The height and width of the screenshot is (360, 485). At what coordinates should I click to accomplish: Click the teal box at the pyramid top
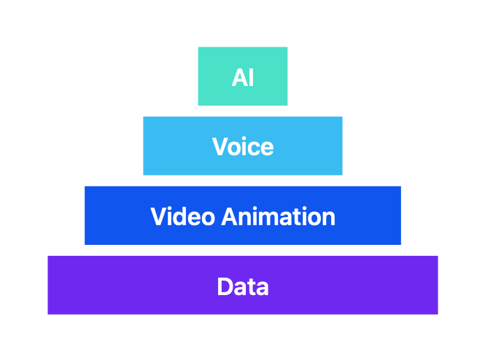[243, 77]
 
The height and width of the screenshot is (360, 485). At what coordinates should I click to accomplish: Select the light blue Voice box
[243, 146]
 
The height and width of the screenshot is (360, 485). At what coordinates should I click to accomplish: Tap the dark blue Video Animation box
[243, 216]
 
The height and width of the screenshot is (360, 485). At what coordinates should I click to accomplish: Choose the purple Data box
[243, 285]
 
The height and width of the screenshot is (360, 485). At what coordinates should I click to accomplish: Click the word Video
[182, 216]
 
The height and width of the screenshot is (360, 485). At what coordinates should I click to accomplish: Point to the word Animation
[279, 216]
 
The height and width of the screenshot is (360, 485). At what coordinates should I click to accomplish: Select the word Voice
[243, 146]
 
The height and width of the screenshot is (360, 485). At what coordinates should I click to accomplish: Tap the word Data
[243, 286]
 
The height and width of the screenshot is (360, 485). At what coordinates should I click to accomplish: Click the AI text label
[243, 77]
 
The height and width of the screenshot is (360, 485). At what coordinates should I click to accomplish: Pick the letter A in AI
[239, 77]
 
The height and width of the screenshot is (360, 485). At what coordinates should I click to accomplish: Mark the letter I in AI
[252, 77]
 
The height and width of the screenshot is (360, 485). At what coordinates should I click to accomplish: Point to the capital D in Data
[225, 286]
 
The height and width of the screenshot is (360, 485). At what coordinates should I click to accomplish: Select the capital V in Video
[159, 216]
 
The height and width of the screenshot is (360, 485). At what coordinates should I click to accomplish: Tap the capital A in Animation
[230, 216]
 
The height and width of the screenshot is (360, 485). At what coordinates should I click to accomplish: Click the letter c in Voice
[253, 149]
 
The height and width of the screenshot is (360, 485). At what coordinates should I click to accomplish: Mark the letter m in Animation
[271, 219]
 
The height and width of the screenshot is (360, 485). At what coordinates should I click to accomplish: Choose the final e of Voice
[267, 149]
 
